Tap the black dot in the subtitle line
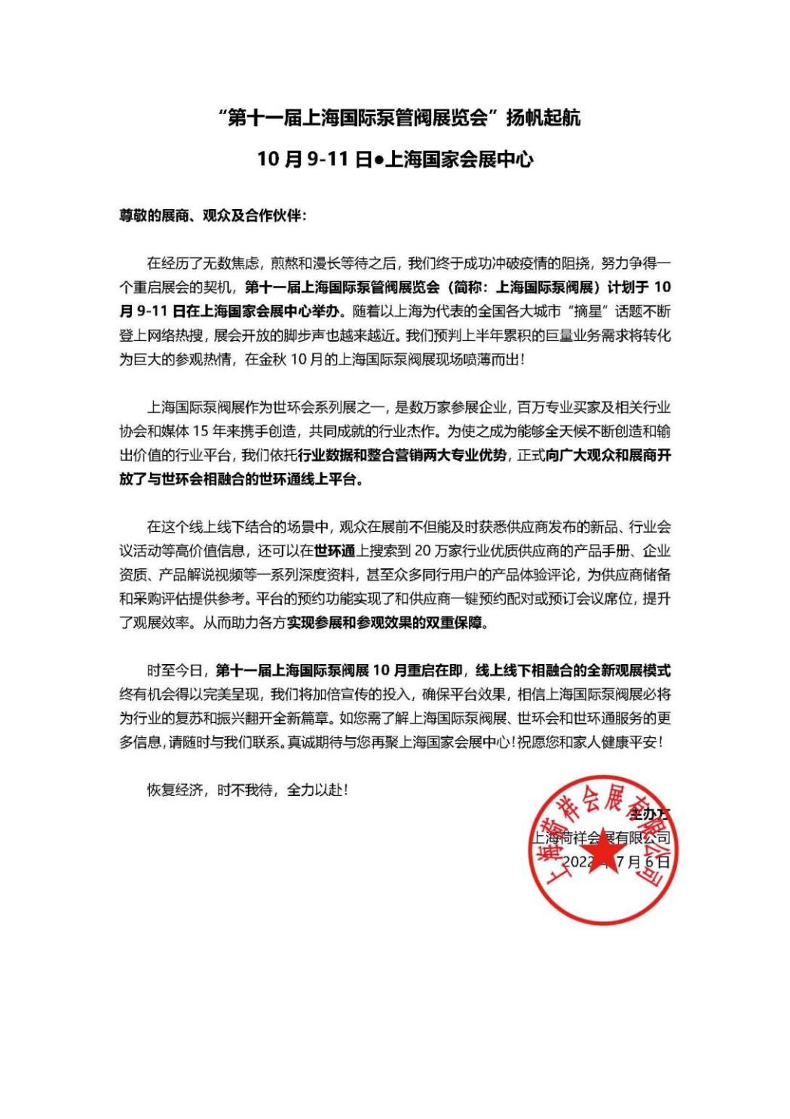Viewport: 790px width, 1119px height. [379, 159]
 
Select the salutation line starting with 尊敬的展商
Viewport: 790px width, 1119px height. [213, 215]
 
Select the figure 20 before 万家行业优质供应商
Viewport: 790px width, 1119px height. [423, 550]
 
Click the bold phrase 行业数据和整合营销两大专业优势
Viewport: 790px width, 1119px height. [404, 457]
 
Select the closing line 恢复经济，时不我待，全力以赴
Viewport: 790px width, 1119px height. [247, 791]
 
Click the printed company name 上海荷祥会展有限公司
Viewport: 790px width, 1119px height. [601, 838]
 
